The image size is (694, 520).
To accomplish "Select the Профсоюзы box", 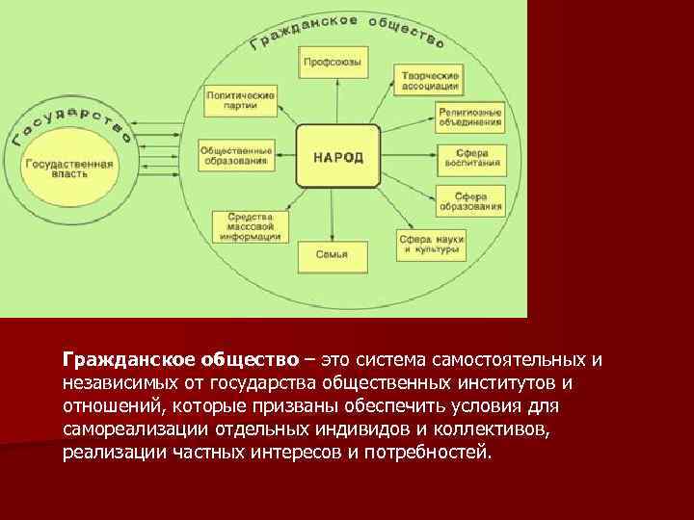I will pos(332,63).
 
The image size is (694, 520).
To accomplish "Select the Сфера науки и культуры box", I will pos(432,243).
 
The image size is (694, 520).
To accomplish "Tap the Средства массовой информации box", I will pos(248,225).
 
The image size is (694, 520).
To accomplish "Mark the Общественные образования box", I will pos(235,156).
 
